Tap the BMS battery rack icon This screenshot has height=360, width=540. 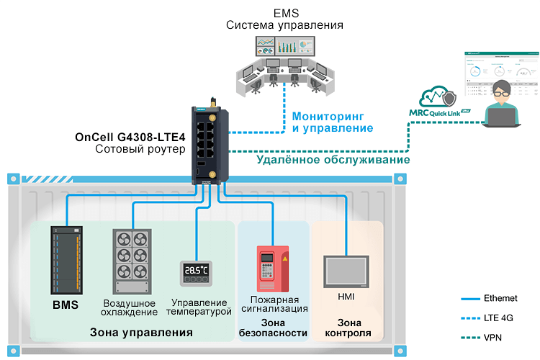point(65,261)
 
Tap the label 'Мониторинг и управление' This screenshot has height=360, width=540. point(332,122)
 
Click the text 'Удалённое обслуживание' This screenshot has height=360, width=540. point(333,160)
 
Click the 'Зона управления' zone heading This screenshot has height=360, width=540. point(141,333)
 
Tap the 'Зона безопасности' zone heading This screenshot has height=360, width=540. point(273,328)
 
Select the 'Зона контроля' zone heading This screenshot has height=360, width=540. point(348,328)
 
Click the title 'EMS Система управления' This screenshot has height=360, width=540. point(284,20)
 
